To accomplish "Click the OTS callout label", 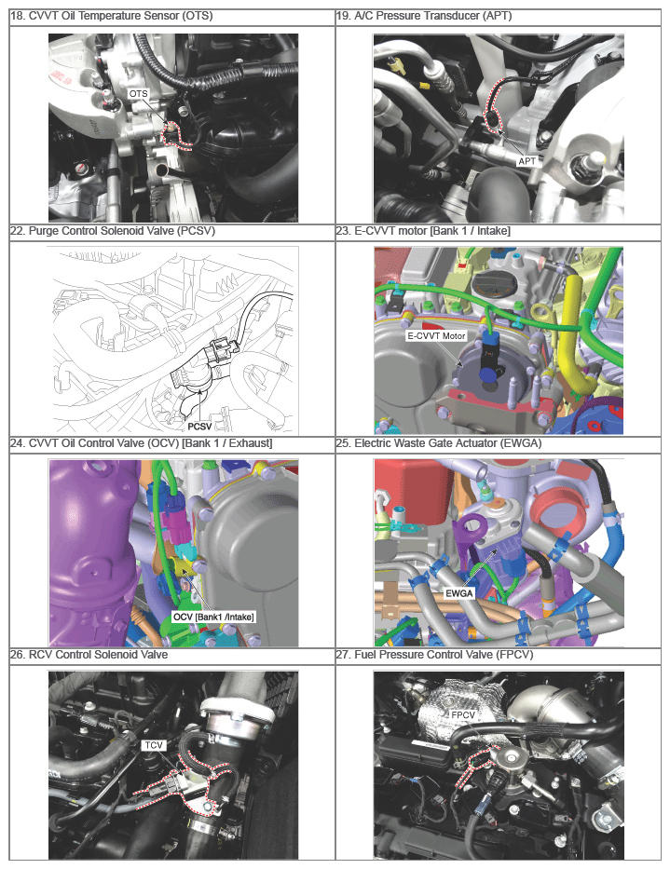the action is point(138,94).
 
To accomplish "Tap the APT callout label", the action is point(526,161).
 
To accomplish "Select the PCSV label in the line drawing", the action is point(199,427).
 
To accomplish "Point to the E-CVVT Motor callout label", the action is point(436,335).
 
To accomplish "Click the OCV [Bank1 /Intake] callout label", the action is point(213,617).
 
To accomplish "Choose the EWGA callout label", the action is point(459,593).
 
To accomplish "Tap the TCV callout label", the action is point(153,745).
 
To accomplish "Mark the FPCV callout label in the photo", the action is point(462,715).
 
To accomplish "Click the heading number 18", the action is point(18,16).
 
